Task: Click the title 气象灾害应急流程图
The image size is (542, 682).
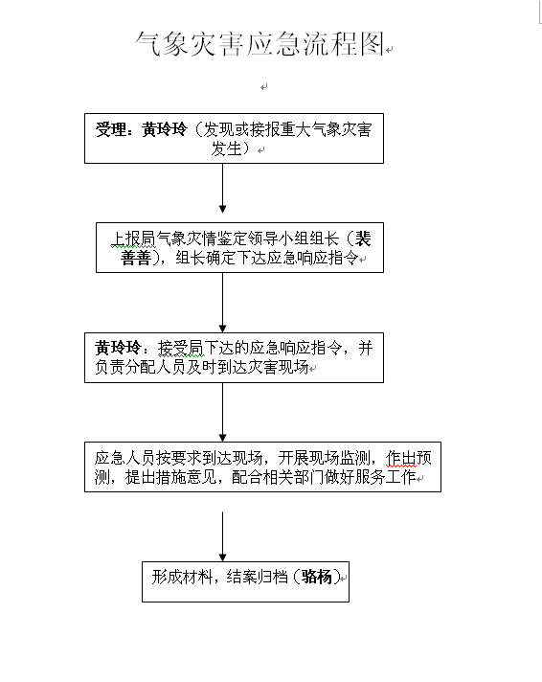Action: (260, 44)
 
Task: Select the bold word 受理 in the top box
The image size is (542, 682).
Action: (110, 129)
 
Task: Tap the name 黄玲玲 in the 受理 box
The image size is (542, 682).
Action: (165, 129)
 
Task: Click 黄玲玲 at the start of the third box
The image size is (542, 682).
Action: (118, 348)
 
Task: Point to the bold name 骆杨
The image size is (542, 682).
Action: (317, 577)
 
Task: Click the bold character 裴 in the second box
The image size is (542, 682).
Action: (363, 239)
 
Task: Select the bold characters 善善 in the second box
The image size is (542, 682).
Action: (136, 258)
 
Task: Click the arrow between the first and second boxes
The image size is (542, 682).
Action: (223, 189)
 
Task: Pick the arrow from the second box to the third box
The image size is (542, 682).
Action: (223, 303)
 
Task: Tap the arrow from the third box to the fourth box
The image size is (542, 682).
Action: (223, 412)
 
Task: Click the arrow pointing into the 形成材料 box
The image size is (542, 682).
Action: (223, 536)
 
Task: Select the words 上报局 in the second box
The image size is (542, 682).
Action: (132, 239)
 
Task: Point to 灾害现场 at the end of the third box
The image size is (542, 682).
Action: (279, 367)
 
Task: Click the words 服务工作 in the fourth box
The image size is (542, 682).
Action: (385, 477)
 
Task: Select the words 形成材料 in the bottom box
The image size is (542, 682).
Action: (182, 577)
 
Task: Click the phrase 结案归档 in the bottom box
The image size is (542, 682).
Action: (257, 577)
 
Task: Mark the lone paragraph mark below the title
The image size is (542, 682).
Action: (263, 87)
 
